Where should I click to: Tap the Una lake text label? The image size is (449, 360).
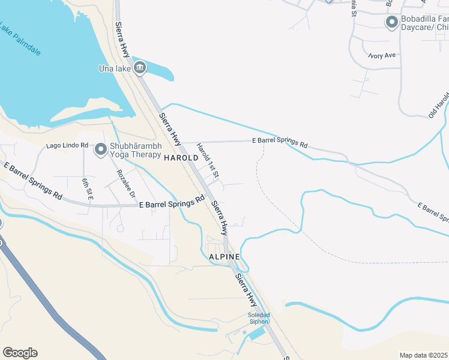pyautogui.click(x=114, y=68)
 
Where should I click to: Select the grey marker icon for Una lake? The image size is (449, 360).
pyautogui.click(x=139, y=68)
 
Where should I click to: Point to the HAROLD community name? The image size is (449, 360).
pyautogui.click(x=181, y=158)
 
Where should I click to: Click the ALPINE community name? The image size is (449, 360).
pyautogui.click(x=224, y=257)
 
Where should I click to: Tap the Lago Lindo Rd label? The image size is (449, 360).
pyautogui.click(x=68, y=146)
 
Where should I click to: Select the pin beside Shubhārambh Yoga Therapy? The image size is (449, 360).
pyautogui.click(x=100, y=149)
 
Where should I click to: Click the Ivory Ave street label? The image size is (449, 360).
pyautogui.click(x=382, y=55)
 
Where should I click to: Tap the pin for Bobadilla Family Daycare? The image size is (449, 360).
pyautogui.click(x=392, y=23)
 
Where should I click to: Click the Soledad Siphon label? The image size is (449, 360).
pyautogui.click(x=259, y=318)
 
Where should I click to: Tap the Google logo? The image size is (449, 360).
pyautogui.click(x=20, y=353)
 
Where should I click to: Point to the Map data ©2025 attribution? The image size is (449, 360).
pyautogui.click(x=424, y=355)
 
